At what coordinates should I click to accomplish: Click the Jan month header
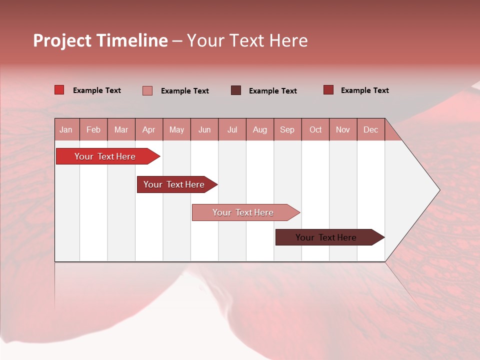66,130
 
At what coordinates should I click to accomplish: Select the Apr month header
148,130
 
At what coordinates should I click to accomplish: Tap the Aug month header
259,130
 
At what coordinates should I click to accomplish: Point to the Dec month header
370,130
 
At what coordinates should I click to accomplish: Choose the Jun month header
204,130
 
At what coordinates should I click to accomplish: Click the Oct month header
315,130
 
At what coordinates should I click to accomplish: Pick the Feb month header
93,130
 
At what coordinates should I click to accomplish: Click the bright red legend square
59,90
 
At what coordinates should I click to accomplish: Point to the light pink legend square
147,90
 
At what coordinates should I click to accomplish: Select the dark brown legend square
236,90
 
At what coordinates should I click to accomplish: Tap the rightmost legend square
328,90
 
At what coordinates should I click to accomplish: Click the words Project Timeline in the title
100,40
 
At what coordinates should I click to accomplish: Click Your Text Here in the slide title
247,40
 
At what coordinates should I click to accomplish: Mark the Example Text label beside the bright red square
97,90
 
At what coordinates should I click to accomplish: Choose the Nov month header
343,130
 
